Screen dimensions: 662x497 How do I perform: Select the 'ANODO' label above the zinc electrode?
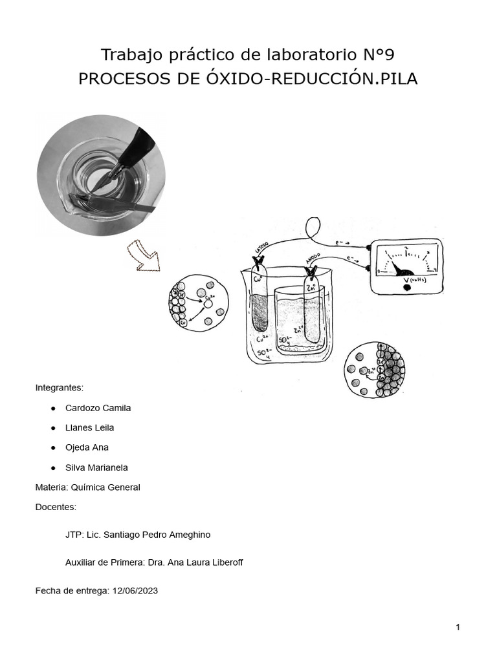click(x=315, y=259)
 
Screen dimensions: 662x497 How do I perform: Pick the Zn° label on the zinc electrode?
click(x=312, y=288)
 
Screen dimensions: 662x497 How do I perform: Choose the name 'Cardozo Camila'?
click(x=98, y=408)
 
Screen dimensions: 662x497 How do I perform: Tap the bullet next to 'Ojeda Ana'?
click(x=51, y=447)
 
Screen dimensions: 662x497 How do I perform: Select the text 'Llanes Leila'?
click(x=89, y=427)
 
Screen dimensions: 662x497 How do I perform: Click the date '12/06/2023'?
click(x=135, y=590)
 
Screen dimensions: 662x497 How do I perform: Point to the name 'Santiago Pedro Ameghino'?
click(x=161, y=535)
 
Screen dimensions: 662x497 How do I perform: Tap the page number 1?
click(x=458, y=626)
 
